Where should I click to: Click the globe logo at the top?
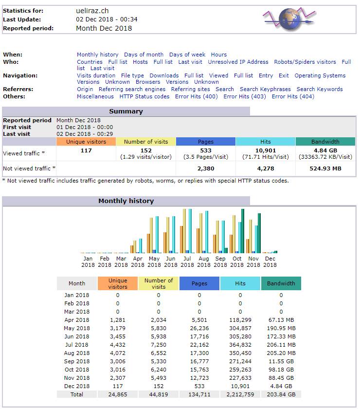(x=289, y=19)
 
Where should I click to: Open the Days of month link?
(x=144, y=55)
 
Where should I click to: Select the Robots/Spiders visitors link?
(x=305, y=62)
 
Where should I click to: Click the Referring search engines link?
(x=132, y=89)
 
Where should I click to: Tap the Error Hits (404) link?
(x=293, y=96)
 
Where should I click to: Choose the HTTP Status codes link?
(x=144, y=96)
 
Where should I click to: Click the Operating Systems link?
(x=320, y=75)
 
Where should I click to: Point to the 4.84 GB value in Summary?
(x=325, y=150)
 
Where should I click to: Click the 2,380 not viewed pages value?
(x=206, y=168)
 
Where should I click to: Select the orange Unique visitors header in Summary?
(x=86, y=142)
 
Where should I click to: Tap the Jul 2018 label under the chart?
(x=187, y=262)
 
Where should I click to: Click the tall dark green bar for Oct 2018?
(x=243, y=231)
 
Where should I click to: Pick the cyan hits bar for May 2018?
(x=157, y=235)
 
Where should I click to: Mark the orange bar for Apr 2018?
(x=132, y=249)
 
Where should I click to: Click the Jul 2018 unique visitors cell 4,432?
(x=118, y=345)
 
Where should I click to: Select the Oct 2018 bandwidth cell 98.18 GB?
(x=281, y=370)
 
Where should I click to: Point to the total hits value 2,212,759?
(x=240, y=394)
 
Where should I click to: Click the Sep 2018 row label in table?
(x=77, y=361)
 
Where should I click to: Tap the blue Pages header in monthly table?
(x=199, y=283)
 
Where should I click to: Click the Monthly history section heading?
(x=126, y=201)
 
